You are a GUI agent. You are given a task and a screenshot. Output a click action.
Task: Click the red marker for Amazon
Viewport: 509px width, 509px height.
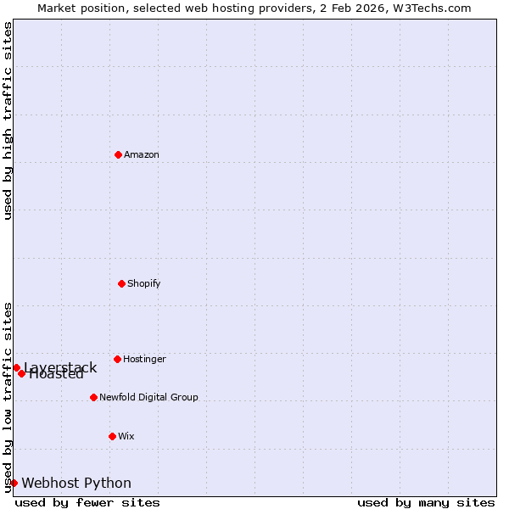[x=118, y=154]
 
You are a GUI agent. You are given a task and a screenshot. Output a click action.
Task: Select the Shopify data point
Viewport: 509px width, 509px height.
[x=121, y=283]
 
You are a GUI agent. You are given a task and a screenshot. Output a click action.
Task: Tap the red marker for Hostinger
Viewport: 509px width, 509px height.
[x=117, y=359]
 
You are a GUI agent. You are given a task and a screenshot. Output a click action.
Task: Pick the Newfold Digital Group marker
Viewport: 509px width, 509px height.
[x=93, y=397]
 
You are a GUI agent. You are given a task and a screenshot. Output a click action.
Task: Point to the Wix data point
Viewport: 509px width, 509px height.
[x=112, y=436]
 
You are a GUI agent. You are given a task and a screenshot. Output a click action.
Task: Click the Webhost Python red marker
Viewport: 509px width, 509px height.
[x=14, y=483]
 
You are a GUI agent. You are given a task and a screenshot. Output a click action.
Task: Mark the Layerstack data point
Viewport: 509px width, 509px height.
[x=16, y=367]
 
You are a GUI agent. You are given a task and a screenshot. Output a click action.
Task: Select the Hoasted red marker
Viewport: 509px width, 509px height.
[x=22, y=373]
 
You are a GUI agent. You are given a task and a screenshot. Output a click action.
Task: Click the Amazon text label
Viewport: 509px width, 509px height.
[x=142, y=154]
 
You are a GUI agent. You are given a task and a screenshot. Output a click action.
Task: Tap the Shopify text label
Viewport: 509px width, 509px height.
[x=144, y=283]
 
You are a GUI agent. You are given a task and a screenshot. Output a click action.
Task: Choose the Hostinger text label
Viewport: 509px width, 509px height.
[x=144, y=359]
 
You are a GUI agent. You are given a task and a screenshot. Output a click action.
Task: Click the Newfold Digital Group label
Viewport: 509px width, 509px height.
[x=148, y=397]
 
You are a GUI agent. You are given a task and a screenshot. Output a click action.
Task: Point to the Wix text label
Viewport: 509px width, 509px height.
[x=126, y=436]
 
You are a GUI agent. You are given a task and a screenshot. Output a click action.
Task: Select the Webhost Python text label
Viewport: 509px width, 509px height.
[x=76, y=483]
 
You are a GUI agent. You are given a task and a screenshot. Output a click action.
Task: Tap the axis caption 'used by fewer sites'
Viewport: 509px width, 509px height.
[x=87, y=502]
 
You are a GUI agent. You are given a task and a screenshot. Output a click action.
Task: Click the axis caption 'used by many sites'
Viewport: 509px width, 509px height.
[x=426, y=502]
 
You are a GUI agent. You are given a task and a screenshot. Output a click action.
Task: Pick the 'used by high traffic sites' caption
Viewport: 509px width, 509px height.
[x=8, y=120]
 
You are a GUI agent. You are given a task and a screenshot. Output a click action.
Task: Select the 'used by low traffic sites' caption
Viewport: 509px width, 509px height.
[x=8, y=397]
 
